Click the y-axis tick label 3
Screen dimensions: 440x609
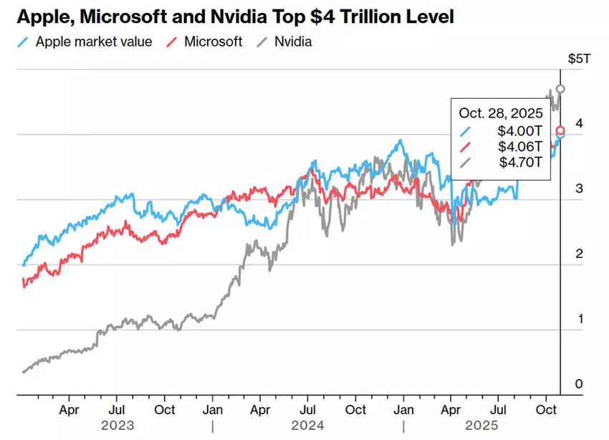(579, 188)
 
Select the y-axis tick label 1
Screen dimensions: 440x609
(579, 319)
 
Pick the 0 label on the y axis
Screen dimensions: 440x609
(579, 384)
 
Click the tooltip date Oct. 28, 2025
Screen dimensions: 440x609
(501, 113)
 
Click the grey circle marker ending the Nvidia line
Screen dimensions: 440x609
(560, 89)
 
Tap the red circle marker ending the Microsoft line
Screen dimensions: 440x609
(560, 130)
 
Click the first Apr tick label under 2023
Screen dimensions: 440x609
(69, 410)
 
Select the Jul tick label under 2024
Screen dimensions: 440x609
(307, 410)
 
